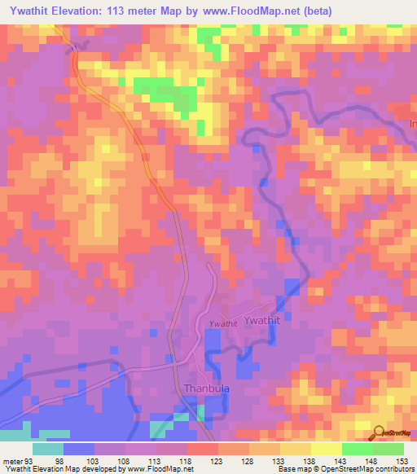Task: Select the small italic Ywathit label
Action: [x=222, y=324]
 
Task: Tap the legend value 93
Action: [x=30, y=461]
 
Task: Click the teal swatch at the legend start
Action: [x=48, y=449]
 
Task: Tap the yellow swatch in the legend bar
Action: [x=327, y=449]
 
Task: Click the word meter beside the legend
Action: [x=12, y=461]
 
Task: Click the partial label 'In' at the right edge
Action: [x=412, y=125]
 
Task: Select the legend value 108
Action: [x=125, y=461]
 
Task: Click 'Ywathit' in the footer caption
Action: [x=16, y=470]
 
